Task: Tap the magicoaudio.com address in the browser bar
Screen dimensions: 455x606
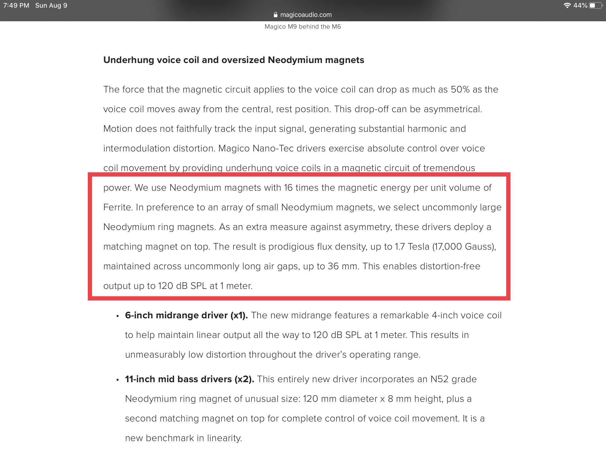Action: click(306, 15)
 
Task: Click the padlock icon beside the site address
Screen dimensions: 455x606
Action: click(275, 15)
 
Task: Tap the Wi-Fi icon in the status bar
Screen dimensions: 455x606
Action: click(567, 5)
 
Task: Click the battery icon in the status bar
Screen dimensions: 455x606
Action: click(595, 5)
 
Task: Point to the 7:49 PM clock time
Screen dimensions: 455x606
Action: click(16, 5)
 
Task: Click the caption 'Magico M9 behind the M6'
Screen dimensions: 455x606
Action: click(302, 27)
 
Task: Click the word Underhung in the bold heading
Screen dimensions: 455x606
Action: click(129, 60)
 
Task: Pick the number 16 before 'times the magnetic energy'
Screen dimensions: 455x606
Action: click(288, 188)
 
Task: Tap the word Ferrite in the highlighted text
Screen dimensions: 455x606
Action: click(118, 208)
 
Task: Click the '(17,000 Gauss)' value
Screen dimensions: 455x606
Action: click(464, 247)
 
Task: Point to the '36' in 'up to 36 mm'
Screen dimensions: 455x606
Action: click(333, 266)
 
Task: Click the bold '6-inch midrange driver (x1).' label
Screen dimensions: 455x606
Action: click(186, 316)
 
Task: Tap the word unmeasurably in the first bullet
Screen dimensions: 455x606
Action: click(155, 355)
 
